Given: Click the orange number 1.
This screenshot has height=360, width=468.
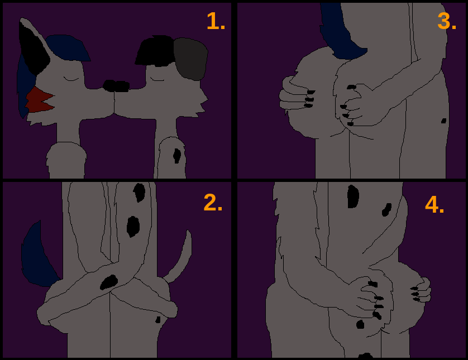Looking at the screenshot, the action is click(x=216, y=21).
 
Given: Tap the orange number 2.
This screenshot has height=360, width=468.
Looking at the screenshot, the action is click(x=213, y=203).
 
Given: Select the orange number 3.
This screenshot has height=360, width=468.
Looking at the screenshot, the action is click(x=447, y=21).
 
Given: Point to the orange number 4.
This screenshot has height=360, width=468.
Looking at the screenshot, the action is click(x=434, y=205).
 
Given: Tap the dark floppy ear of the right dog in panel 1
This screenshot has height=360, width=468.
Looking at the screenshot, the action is click(x=190, y=59).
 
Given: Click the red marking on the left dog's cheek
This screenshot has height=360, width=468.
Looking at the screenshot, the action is click(x=39, y=100).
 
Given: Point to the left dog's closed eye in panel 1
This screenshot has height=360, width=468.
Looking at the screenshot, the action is click(x=71, y=79).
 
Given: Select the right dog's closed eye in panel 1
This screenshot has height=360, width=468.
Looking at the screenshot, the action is click(x=157, y=79).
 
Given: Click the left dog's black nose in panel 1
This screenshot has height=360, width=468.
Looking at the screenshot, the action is click(x=109, y=85).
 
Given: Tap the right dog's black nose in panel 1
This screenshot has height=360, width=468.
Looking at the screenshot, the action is click(x=122, y=86).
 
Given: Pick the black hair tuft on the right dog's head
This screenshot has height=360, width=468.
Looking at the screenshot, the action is click(x=155, y=51).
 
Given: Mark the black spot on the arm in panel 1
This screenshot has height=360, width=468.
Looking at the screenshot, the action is click(x=176, y=156).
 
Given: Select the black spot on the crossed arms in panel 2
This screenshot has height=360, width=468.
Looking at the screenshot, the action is click(x=109, y=282).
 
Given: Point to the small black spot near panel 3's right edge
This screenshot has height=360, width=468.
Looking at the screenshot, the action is click(x=444, y=121).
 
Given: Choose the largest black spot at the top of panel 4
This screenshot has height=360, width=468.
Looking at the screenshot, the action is click(x=353, y=196).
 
